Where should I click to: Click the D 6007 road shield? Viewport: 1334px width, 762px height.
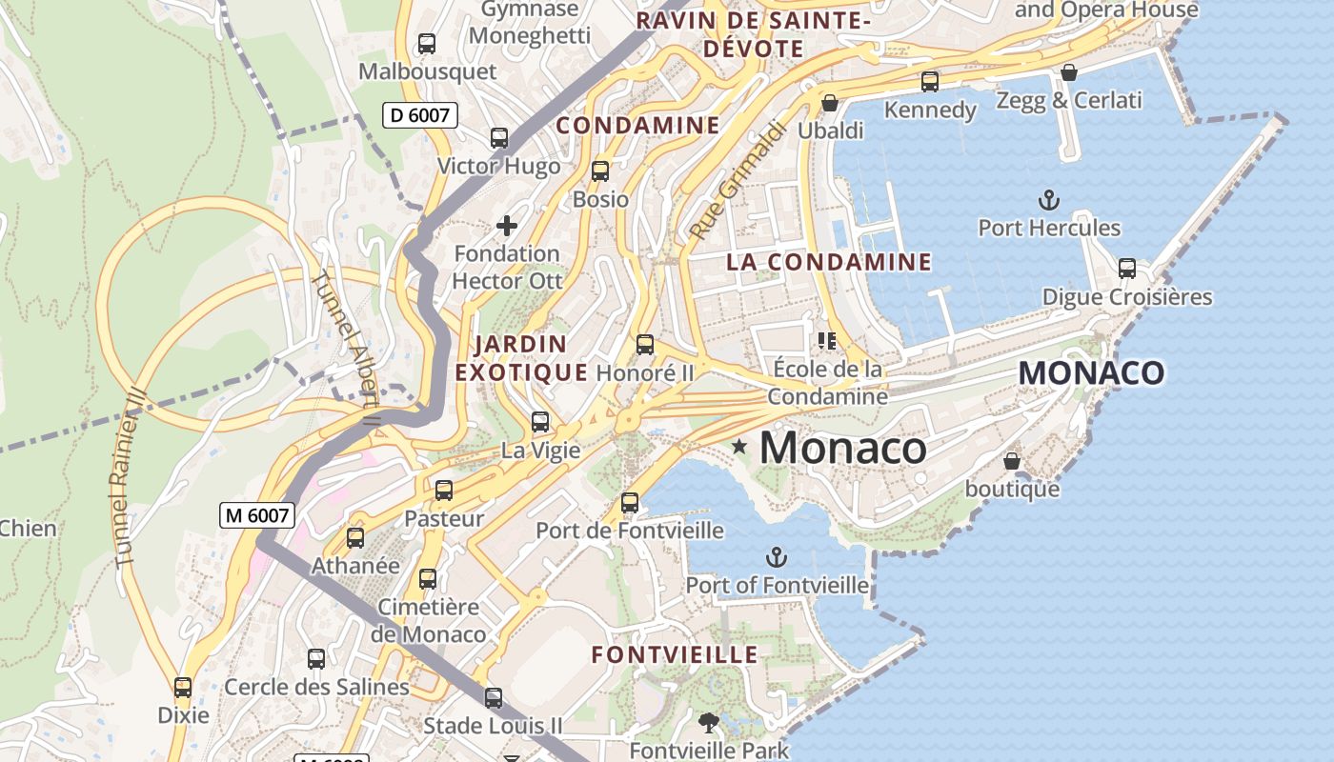(x=420, y=115)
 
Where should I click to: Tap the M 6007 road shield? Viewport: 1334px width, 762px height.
(x=256, y=515)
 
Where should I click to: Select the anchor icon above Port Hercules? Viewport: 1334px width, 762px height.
(x=1048, y=200)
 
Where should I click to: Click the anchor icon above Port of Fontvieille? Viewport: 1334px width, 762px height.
(x=778, y=557)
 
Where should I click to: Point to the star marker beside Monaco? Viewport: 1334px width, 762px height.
(x=739, y=446)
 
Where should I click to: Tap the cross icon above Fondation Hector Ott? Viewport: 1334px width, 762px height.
(x=507, y=226)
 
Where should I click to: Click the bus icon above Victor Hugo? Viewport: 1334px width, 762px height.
(x=499, y=138)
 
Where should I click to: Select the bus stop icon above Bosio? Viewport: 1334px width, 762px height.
(x=600, y=171)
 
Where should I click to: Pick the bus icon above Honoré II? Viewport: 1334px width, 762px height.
(x=645, y=345)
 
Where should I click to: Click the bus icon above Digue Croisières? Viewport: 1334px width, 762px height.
(x=1127, y=269)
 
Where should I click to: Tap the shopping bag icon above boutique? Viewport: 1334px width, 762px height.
(x=1012, y=461)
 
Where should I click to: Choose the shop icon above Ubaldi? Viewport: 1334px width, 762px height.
(x=830, y=102)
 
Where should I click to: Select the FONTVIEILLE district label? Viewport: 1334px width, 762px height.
(x=675, y=655)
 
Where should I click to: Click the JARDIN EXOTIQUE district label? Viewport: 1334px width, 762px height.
(x=520, y=358)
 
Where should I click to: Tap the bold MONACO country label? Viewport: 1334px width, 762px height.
(x=1091, y=373)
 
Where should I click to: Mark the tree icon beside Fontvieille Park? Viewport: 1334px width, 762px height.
(x=709, y=723)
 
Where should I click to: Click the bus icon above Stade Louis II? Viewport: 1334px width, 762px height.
(x=494, y=698)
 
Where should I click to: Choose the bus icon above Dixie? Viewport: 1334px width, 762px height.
(x=183, y=687)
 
